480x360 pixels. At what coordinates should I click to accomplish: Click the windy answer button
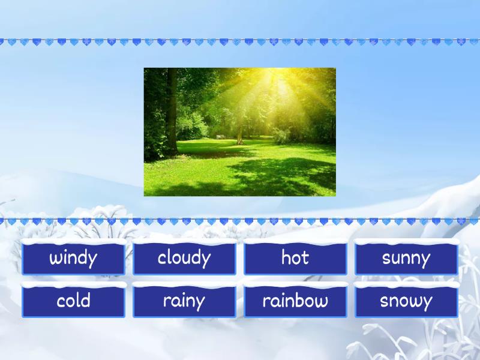(x=73, y=259)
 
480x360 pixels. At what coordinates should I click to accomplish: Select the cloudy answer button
(x=184, y=259)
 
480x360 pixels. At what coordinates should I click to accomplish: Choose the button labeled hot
(x=295, y=259)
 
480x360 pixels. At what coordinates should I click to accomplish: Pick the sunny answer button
(x=406, y=259)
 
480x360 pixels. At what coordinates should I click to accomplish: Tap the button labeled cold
(x=73, y=301)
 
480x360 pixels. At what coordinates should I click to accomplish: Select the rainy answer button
(x=184, y=301)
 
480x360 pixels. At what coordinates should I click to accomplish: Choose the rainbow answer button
(x=295, y=301)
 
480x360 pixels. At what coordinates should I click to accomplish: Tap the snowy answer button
(x=406, y=301)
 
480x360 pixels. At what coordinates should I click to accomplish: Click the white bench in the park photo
(x=220, y=136)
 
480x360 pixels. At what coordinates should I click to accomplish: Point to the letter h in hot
(x=286, y=257)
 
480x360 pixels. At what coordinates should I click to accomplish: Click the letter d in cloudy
(x=194, y=257)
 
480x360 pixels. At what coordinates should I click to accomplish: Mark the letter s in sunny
(x=387, y=259)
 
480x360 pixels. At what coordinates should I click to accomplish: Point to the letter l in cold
(x=79, y=300)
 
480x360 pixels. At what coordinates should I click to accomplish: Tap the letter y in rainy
(x=200, y=302)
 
